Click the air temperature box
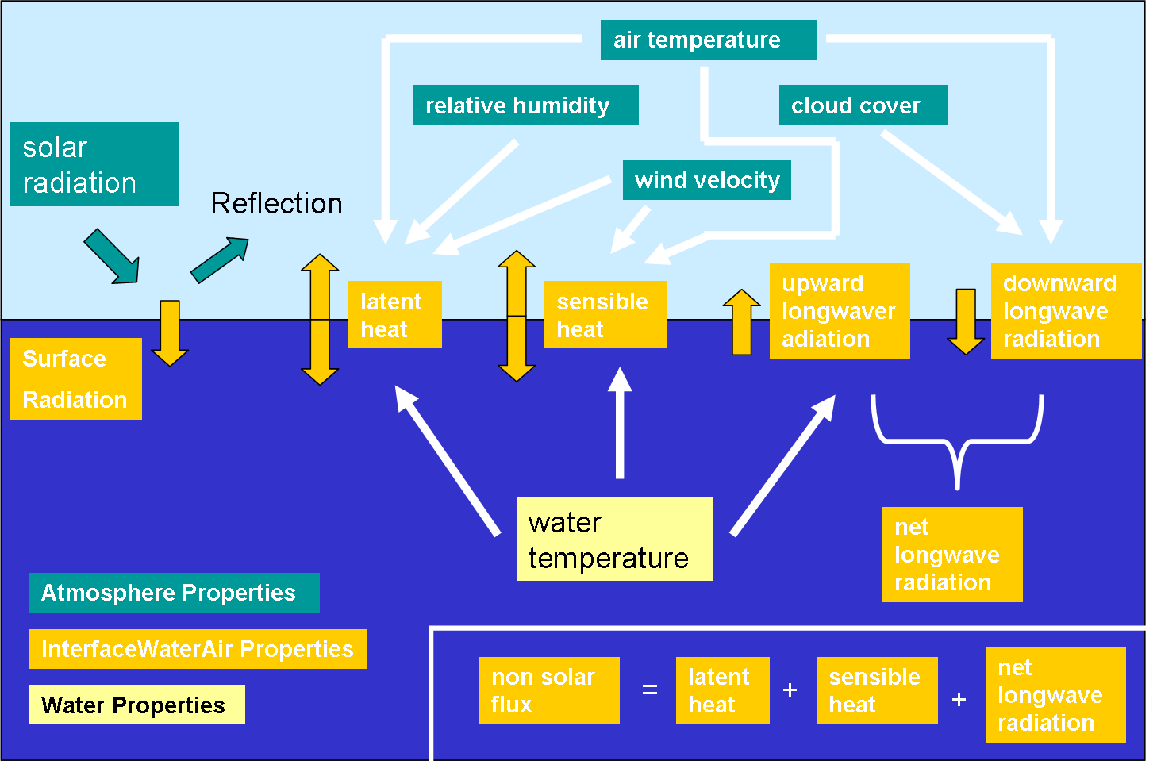tap(708, 40)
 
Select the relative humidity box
tap(525, 105)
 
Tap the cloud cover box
tap(863, 105)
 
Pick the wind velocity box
tap(706, 180)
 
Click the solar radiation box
tap(94, 164)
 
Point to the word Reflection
tap(276, 203)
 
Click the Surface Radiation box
tap(75, 378)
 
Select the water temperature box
tap(614, 540)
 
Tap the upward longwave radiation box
tap(840, 311)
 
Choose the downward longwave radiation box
tap(1066, 311)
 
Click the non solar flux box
tap(549, 690)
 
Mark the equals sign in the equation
tap(649, 690)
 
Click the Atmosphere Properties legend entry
tap(174, 593)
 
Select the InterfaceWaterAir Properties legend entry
tap(198, 649)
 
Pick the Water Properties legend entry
tap(136, 705)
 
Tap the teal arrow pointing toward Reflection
tap(220, 259)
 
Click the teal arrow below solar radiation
tap(113, 256)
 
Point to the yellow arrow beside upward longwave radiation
tap(741, 321)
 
